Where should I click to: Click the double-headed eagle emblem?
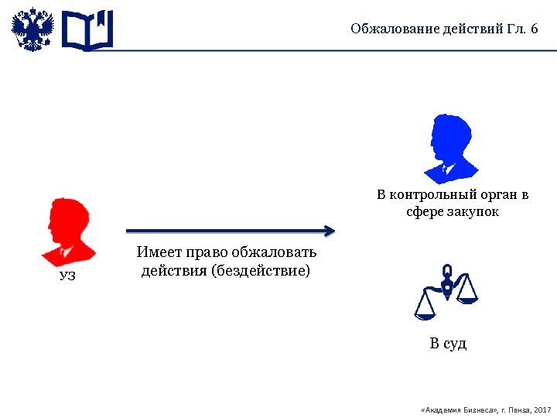(33, 30)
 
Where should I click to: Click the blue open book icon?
(87, 30)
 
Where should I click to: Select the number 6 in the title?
(534, 29)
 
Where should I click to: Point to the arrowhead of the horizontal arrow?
(330, 230)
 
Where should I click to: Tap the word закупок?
(474, 211)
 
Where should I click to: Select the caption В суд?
(449, 344)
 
